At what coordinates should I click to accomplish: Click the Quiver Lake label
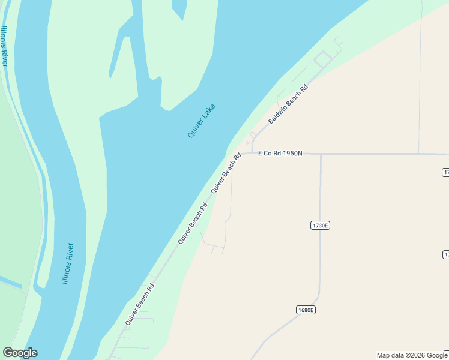pos(201,121)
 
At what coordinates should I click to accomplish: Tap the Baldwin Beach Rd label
pos(288,104)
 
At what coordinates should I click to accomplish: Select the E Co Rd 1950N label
pos(280,154)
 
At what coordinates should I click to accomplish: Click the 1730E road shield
pos(321,226)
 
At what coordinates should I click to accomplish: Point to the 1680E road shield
pos(306,310)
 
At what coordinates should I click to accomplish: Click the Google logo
pos(20,353)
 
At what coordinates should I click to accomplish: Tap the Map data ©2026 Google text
pos(412,355)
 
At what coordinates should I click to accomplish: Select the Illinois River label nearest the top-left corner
pos(5,46)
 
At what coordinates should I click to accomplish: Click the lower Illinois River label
pos(68,263)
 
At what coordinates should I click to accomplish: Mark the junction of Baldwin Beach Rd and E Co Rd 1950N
pos(252,154)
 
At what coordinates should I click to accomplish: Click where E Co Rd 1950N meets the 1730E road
pos(321,154)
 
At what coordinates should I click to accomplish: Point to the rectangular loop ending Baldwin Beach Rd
pos(323,59)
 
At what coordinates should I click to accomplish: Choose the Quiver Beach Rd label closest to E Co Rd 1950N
pos(226,173)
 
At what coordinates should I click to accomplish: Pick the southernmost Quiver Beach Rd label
pos(140,304)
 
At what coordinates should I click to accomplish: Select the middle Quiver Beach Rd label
pos(193,223)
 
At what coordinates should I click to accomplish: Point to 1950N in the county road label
pos(292,154)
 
